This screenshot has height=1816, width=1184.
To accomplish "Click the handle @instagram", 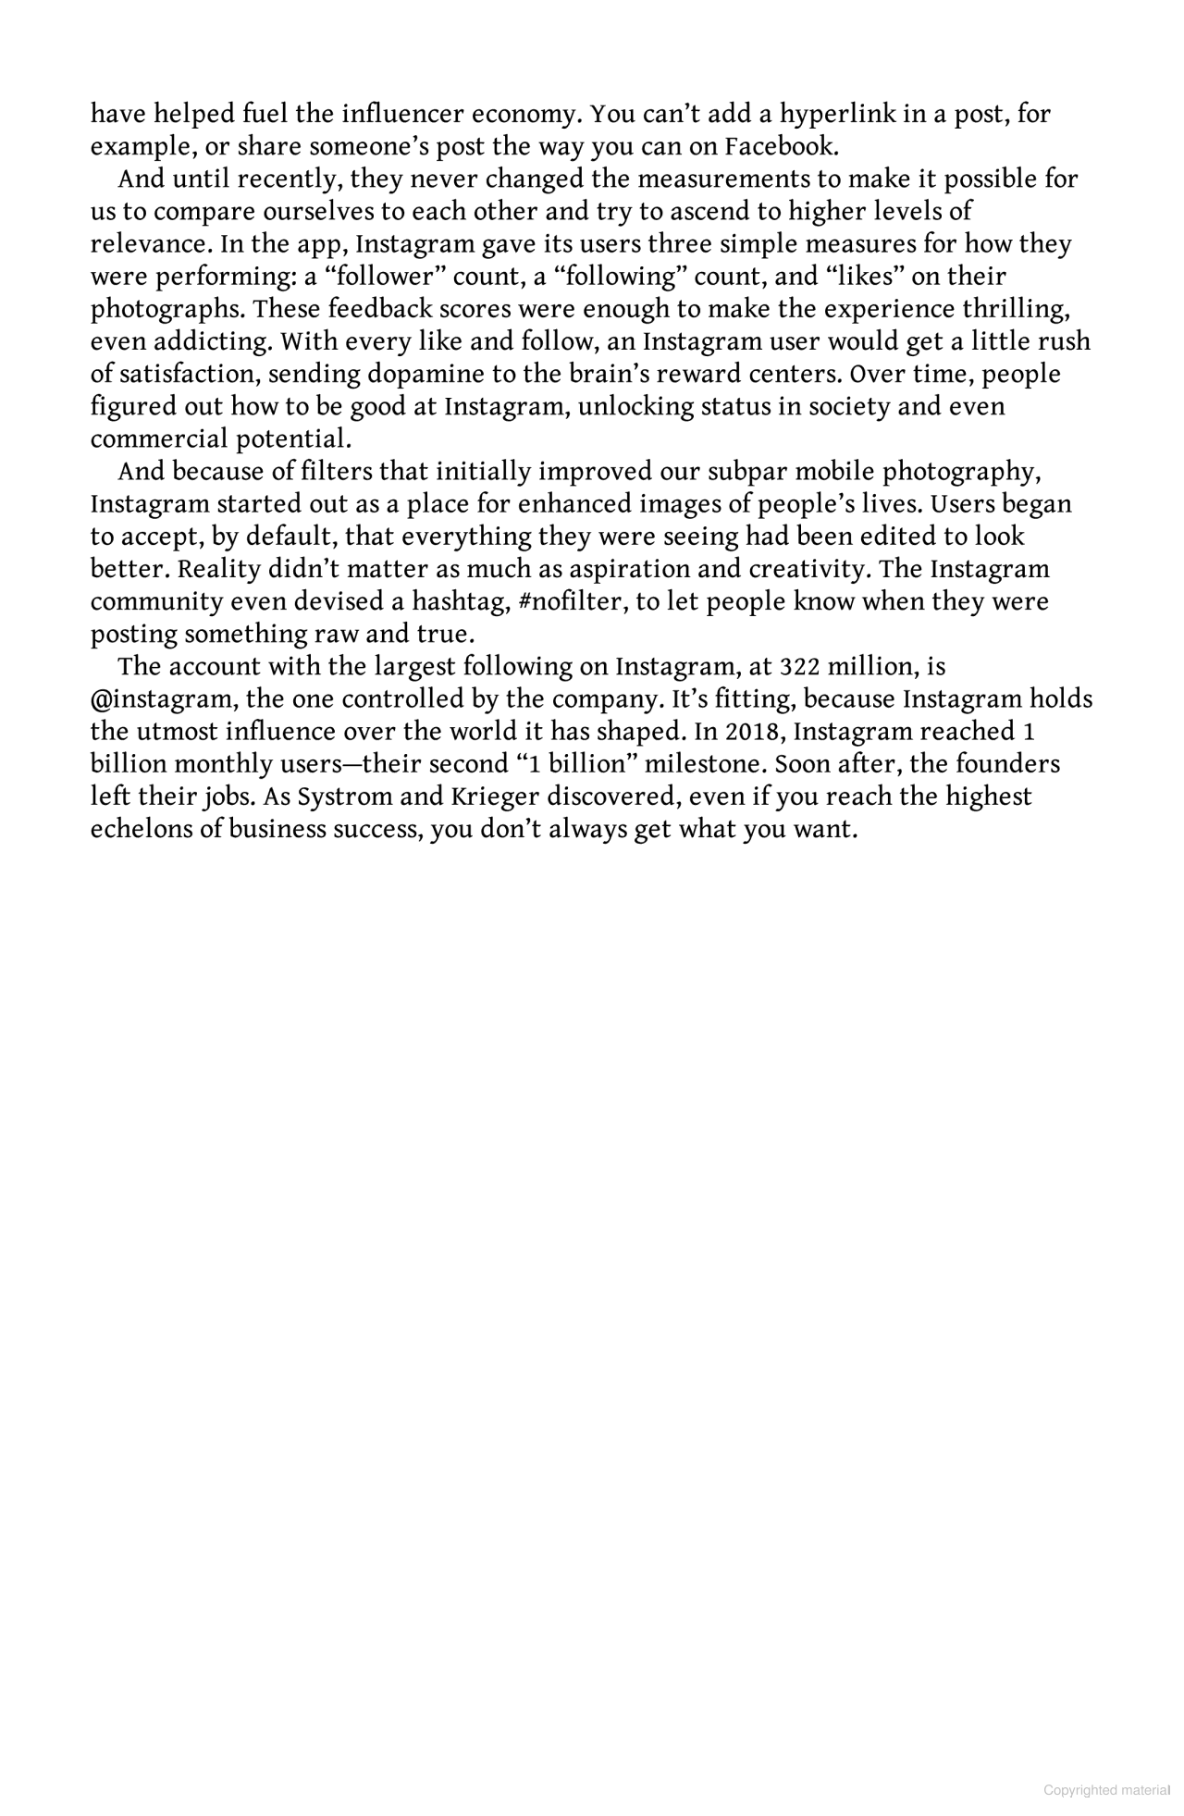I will [x=163, y=699].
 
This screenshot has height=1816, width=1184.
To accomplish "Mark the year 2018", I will [x=753, y=732].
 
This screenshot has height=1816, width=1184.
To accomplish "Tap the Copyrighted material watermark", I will [x=1106, y=1790].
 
